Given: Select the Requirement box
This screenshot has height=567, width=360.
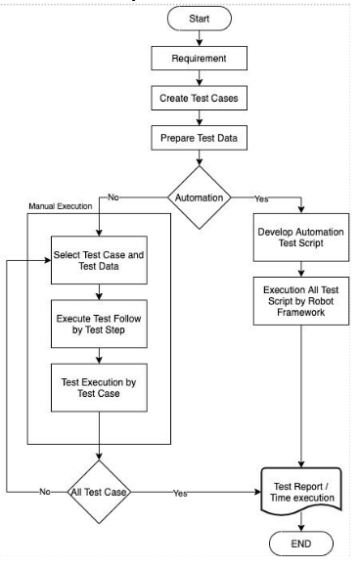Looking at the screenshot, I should tap(201, 59).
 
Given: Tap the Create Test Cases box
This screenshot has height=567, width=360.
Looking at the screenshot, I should tap(201, 98).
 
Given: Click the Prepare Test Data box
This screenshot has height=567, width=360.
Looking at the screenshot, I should tap(201, 138).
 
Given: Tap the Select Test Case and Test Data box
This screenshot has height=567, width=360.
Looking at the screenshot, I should tap(100, 261).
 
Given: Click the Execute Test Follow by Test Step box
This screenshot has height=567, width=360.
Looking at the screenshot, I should tap(100, 323).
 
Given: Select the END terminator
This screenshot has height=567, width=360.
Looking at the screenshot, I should tap(302, 544).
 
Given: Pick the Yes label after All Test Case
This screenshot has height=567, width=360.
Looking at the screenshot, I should tap(179, 493).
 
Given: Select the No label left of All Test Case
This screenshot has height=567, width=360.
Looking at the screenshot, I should tap(46, 492).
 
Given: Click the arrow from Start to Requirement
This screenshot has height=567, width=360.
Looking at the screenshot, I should tap(201, 39).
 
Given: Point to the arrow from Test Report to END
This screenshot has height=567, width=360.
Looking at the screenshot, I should tap(302, 521).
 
